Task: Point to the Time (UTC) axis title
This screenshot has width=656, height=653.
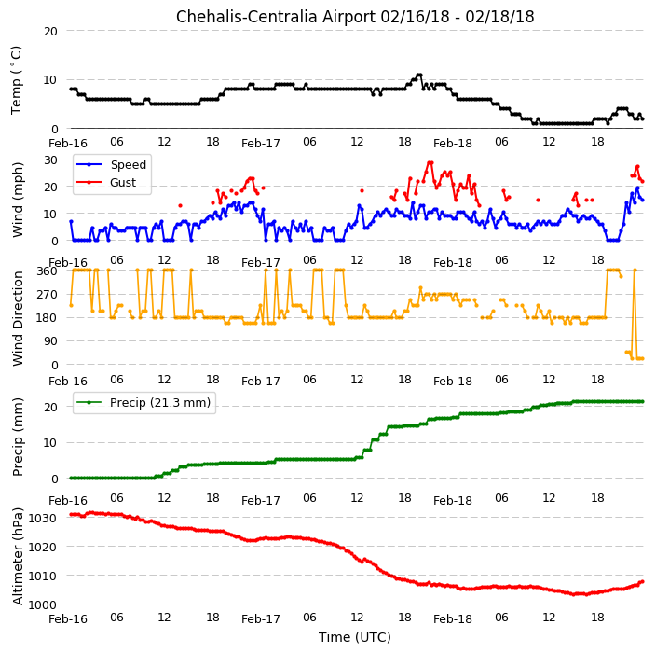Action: [x=355, y=637]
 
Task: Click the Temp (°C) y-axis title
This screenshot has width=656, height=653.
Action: [x=16, y=80]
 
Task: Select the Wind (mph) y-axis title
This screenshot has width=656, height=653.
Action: [x=18, y=200]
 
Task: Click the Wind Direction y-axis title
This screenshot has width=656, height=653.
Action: [x=18, y=319]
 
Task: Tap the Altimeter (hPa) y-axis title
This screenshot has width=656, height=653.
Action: [x=18, y=556]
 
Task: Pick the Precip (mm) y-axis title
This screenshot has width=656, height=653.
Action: [x=18, y=437]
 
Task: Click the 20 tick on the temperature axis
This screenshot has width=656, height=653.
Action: [x=50, y=31]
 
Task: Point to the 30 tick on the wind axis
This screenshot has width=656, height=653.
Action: [x=50, y=160]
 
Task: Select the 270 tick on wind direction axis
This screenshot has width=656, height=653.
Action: [x=47, y=295]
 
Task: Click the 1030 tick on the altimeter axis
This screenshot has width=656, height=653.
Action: [x=42, y=518]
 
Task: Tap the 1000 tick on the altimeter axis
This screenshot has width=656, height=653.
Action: [x=42, y=604]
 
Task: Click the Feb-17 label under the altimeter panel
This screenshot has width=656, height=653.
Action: [x=261, y=619]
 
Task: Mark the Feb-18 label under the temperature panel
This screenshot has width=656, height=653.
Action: [x=453, y=144]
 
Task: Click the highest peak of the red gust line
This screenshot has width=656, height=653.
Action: [x=430, y=162]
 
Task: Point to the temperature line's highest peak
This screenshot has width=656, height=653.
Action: [x=418, y=75]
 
